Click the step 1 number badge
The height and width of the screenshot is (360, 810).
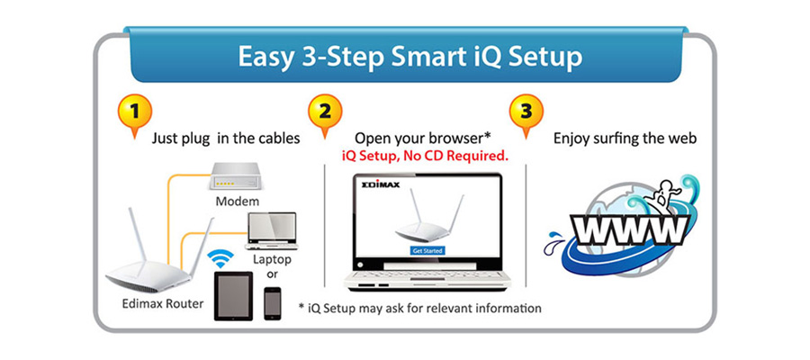point(135,111)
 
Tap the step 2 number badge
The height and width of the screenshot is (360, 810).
point(325,111)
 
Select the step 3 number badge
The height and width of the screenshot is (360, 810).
point(526,111)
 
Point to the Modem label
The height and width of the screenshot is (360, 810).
point(237,201)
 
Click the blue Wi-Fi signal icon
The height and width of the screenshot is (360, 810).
point(220,258)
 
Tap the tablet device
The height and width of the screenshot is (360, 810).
point(233,296)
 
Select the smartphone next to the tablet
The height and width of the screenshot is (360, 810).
point(272,303)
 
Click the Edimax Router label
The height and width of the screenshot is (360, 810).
point(163,303)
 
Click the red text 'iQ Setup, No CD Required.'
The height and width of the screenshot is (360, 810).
point(425,156)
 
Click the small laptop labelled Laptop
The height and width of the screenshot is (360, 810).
point(272,229)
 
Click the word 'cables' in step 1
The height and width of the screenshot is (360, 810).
point(280,139)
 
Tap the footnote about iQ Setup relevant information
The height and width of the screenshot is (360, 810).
point(420,309)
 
